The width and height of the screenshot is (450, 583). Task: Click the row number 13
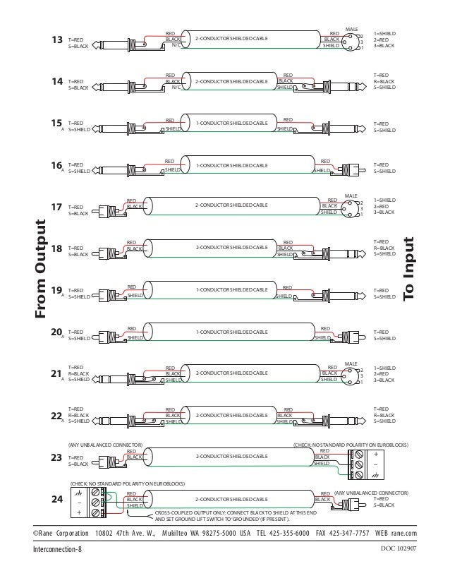coord(59,40)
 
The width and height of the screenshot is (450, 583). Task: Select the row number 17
coord(58,207)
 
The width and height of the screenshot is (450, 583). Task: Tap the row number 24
coord(58,499)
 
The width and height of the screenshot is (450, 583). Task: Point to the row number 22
coord(58,416)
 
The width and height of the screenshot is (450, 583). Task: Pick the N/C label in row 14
coord(176,88)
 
